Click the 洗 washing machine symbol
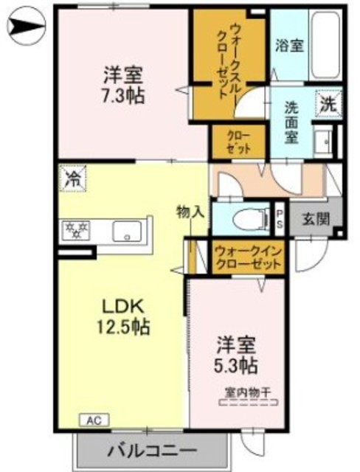[x=328, y=104]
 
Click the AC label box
[x=94, y=420]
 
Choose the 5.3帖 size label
[x=237, y=364]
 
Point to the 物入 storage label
[x=190, y=212]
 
